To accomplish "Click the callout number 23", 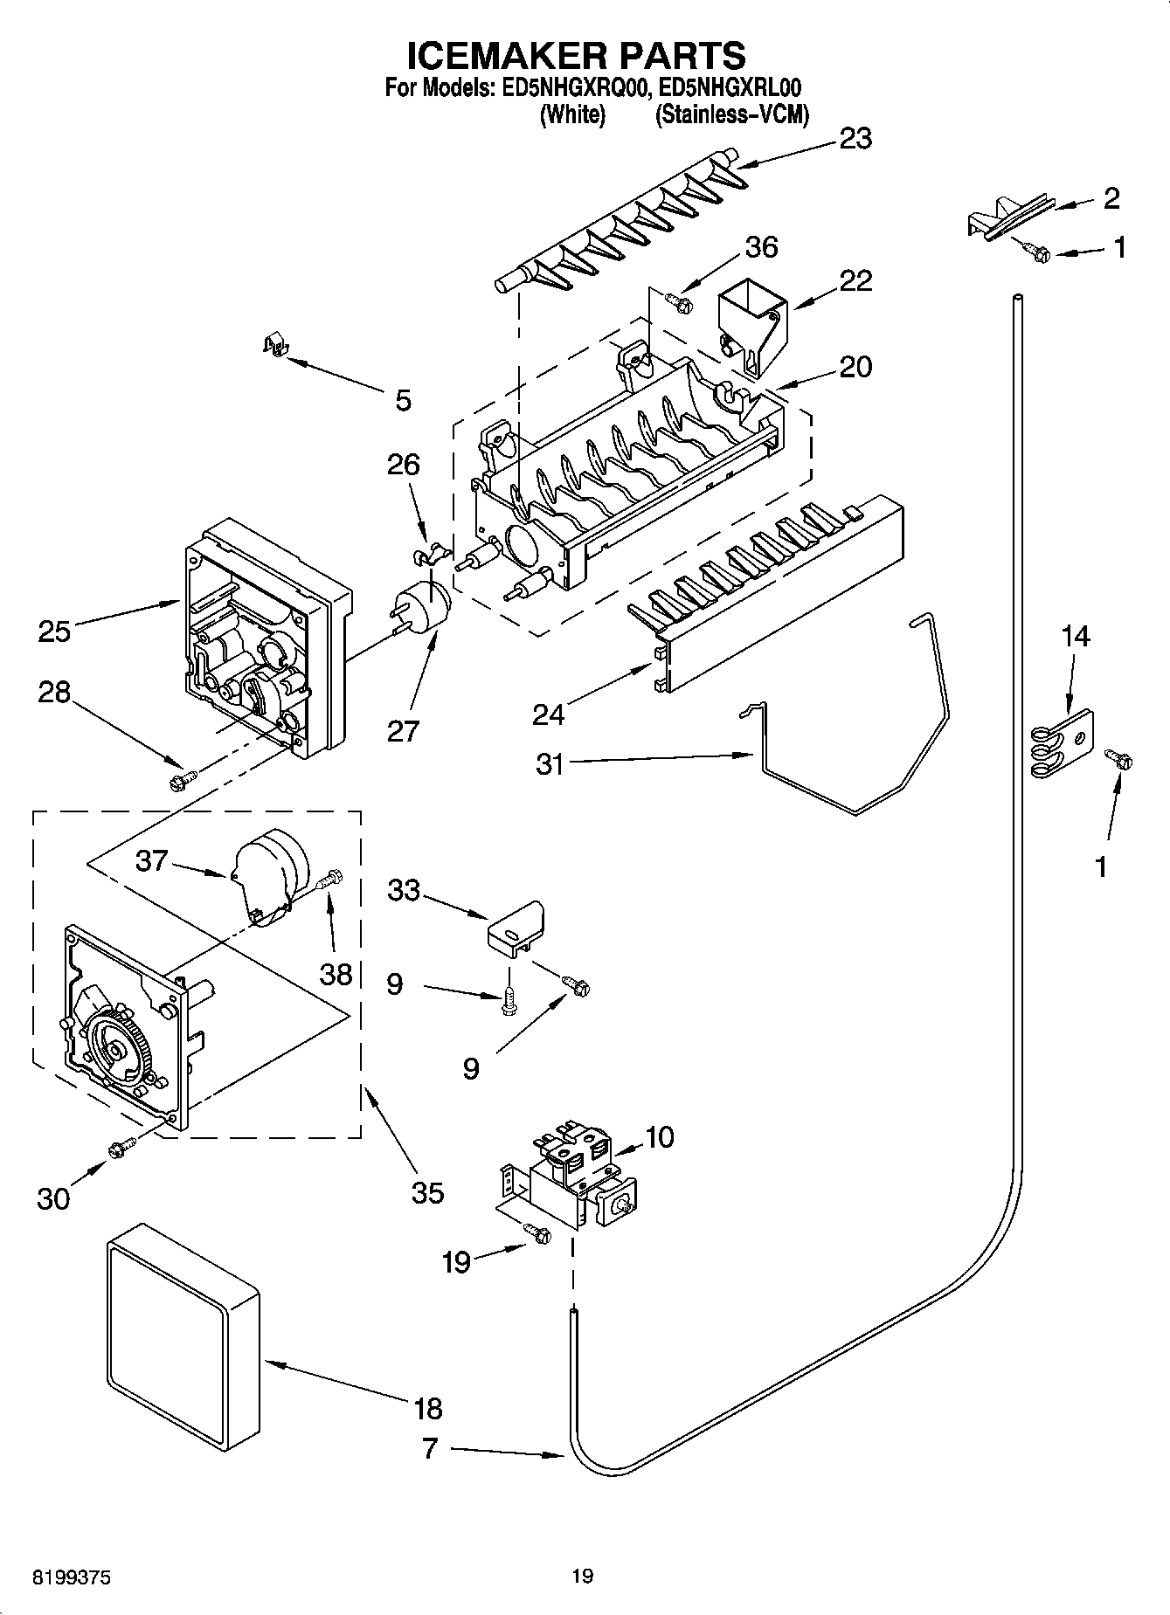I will click(855, 138).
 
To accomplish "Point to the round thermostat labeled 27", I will click(423, 604).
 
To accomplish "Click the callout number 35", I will click(427, 1191).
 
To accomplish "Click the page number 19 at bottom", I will click(583, 1577).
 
